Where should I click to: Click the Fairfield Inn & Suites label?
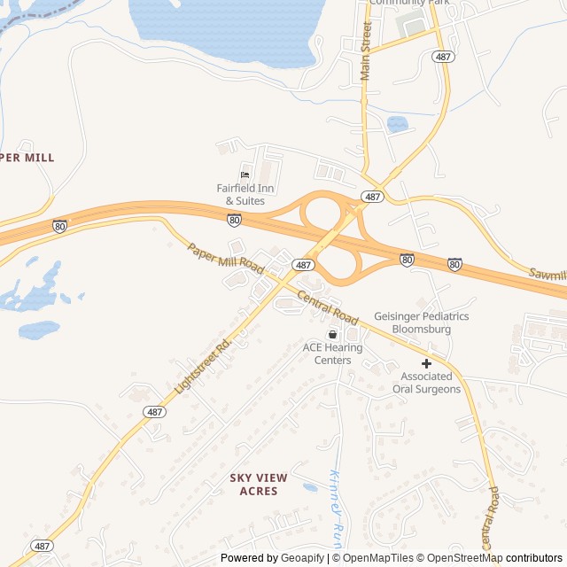(x=241, y=195)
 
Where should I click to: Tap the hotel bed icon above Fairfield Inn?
(x=245, y=175)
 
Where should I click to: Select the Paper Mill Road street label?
(x=226, y=259)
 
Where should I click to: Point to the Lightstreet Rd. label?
(x=202, y=363)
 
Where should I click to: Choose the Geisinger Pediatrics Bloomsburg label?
(x=421, y=322)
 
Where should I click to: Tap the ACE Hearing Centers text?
(x=332, y=353)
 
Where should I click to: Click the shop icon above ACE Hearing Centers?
(x=332, y=335)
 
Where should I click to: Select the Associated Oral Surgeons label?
(x=426, y=383)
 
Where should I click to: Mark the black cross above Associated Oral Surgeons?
(x=426, y=363)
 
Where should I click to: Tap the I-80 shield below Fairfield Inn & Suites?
(x=234, y=219)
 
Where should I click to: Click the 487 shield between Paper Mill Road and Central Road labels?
(x=303, y=265)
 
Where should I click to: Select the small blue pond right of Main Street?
(x=398, y=124)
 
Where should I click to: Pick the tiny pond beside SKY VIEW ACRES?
(x=310, y=487)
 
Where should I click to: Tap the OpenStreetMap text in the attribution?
(x=463, y=558)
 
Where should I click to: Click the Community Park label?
(x=408, y=3)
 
